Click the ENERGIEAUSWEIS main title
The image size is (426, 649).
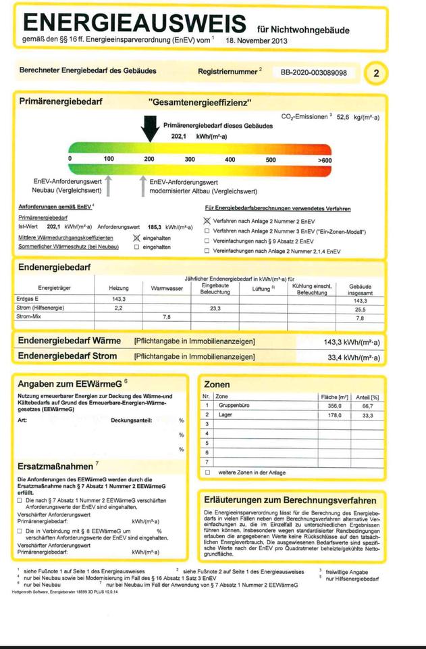coord(134,23)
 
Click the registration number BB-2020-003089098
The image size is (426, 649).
coord(313,72)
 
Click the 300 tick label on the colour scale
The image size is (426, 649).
coord(190,160)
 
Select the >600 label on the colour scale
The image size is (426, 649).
coord(325,160)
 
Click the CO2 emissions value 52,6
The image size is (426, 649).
coord(344,117)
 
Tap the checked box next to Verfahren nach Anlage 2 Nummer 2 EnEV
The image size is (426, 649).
coord(207,221)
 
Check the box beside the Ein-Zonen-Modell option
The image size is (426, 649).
coord(207,231)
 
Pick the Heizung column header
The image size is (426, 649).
coord(118,288)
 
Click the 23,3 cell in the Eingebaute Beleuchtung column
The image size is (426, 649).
coord(215,308)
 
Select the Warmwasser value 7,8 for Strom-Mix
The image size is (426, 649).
coord(167,316)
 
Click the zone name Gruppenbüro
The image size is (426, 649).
coord(236,406)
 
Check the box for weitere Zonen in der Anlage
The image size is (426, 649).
coord(207,472)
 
